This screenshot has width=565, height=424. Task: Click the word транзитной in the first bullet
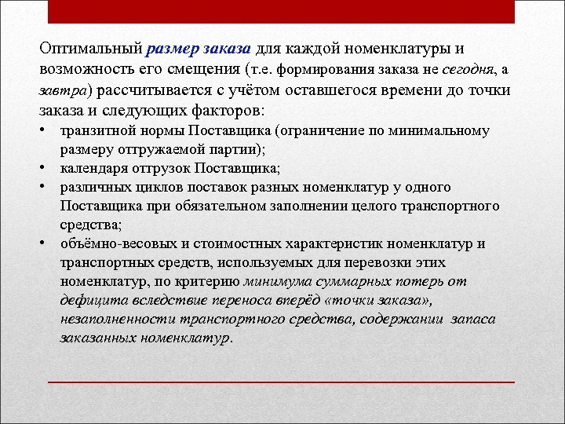point(94,130)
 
